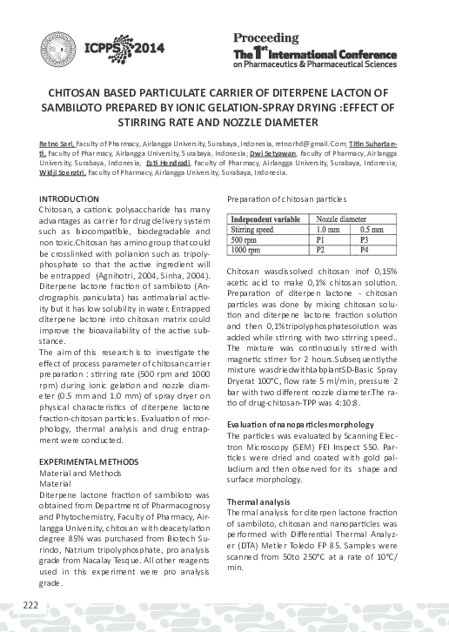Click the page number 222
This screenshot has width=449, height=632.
pyautogui.click(x=31, y=605)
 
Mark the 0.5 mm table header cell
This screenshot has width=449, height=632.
pyautogui.click(x=369, y=227)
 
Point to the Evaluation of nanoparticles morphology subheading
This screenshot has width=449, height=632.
pyautogui.click(x=299, y=423)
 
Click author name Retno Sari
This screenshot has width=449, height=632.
pyautogui.click(x=57, y=142)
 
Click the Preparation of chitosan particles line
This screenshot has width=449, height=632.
pyautogui.click(x=287, y=200)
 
